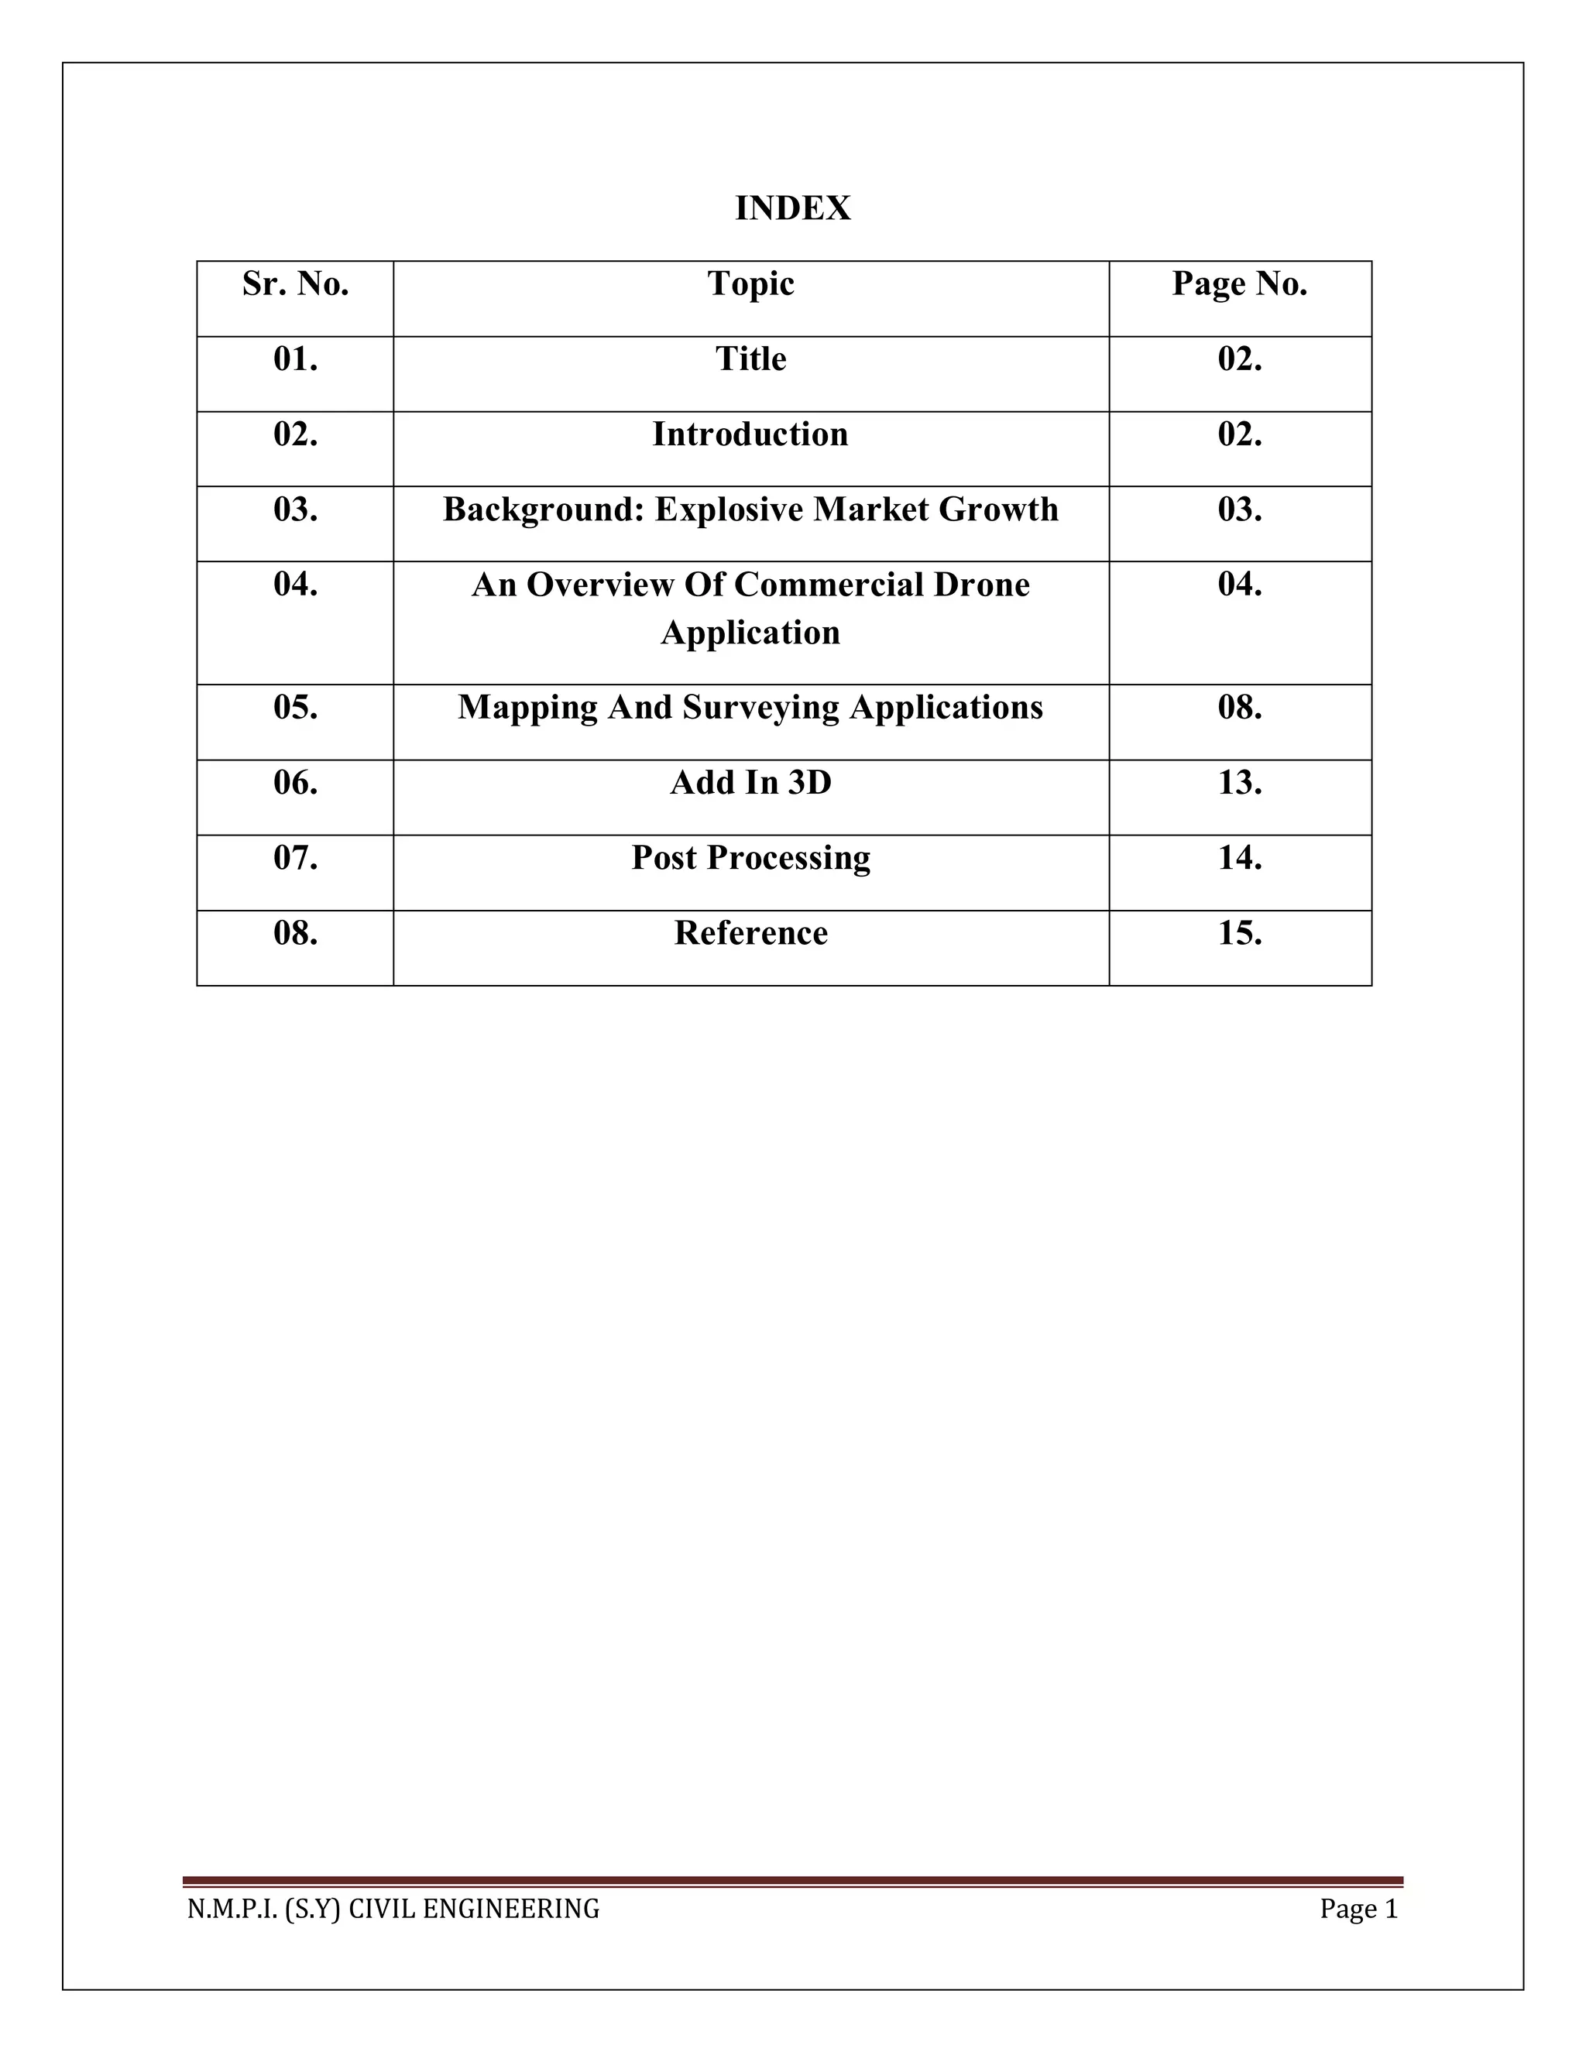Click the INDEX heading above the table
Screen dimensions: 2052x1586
click(792, 208)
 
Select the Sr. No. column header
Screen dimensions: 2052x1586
click(295, 283)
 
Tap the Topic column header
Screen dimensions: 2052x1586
click(750, 283)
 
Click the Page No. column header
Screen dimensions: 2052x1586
click(1239, 283)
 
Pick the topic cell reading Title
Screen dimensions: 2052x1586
click(750, 359)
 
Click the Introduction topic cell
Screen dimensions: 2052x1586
click(750, 434)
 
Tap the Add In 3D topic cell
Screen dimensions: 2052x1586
click(750, 783)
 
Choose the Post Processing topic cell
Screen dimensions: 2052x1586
click(750, 858)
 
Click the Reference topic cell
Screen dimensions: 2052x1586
click(750, 933)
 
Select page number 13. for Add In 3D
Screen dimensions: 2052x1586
click(1239, 783)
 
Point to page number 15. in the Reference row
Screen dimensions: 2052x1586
click(1239, 933)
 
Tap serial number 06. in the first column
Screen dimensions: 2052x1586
click(295, 783)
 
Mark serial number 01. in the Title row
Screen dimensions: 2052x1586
click(295, 359)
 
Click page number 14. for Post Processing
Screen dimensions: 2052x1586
click(1239, 858)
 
